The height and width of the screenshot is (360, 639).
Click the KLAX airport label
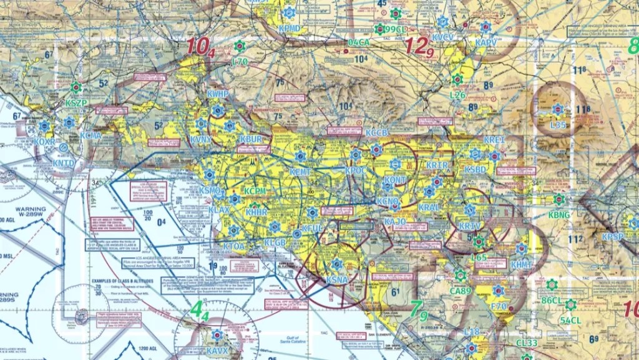219,210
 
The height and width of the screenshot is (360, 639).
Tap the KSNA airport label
337,280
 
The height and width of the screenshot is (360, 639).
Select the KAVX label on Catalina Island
218,351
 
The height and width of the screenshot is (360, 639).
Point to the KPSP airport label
613,237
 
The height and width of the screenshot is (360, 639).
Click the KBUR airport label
251,139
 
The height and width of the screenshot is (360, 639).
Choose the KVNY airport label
201,139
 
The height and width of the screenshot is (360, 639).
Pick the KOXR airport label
44,142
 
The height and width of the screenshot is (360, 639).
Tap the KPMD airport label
289,29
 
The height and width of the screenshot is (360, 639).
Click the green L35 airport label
558,125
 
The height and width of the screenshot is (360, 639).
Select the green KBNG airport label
559,215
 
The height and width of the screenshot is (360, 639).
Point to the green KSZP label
77,103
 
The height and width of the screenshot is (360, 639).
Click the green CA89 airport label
461,291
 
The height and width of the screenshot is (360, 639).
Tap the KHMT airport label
521,265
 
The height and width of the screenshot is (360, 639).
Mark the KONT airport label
396,179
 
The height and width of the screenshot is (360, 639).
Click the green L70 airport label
240,62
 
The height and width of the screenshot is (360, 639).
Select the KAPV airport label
486,42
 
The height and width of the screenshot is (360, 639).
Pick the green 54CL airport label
571,320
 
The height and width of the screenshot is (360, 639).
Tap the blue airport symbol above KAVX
217,335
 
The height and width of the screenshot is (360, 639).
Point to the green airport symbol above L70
240,46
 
